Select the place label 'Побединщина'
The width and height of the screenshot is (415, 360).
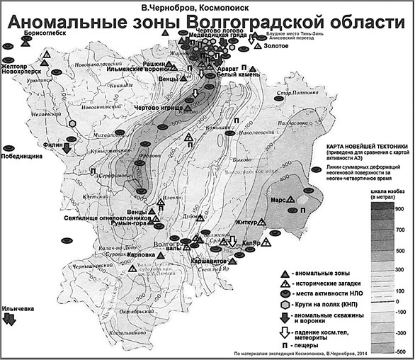24,157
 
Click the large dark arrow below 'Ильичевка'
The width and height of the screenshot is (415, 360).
11,320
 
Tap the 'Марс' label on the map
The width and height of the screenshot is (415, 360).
279,200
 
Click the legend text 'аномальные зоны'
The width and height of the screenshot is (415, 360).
330,274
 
